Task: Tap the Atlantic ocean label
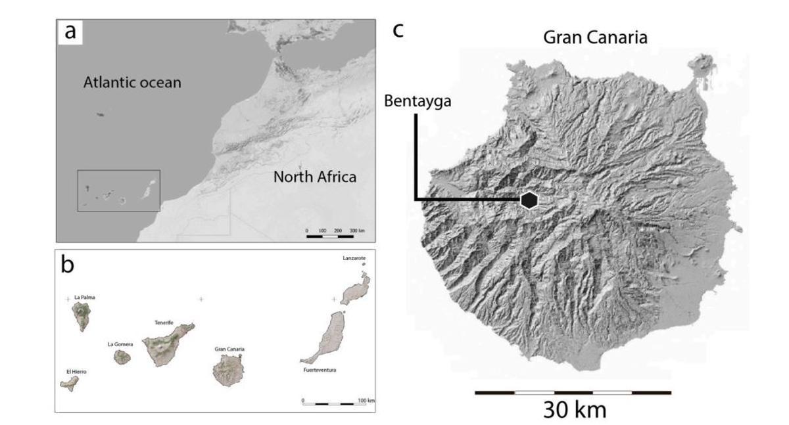pyautogui.click(x=132, y=83)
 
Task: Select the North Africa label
pyautogui.click(x=315, y=177)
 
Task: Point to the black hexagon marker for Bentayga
pyautogui.click(x=529, y=200)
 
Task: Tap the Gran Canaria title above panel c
pyautogui.click(x=595, y=37)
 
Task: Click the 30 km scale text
pyautogui.click(x=574, y=410)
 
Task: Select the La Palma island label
pyautogui.click(x=85, y=298)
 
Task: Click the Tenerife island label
pyautogui.click(x=164, y=323)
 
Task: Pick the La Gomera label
pyautogui.click(x=120, y=344)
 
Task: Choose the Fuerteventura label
pyautogui.click(x=320, y=370)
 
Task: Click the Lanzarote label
pyautogui.click(x=354, y=259)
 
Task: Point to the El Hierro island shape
pyautogui.click(x=69, y=384)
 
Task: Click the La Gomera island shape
pyautogui.click(x=122, y=357)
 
